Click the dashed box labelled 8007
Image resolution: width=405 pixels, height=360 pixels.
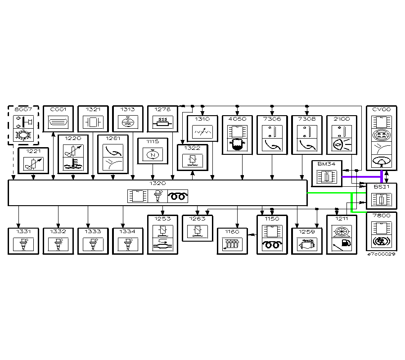(23, 125)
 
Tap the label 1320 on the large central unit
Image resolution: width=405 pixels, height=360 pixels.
(157, 184)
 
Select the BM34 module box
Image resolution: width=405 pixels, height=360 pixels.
(327, 173)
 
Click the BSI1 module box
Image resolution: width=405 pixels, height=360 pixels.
(382, 196)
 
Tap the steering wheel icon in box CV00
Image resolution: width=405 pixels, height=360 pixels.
(382, 162)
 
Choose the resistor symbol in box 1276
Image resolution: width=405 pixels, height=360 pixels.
(163, 121)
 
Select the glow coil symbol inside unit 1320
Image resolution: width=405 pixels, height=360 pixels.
(178, 196)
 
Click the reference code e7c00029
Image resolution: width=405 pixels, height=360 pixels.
(382, 254)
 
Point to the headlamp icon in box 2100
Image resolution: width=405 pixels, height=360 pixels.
(338, 145)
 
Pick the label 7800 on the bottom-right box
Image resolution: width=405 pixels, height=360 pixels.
(382, 216)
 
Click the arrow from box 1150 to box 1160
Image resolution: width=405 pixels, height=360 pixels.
(252, 234)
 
